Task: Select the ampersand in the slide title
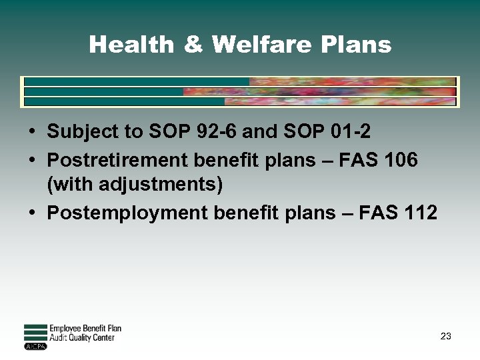tap(193, 45)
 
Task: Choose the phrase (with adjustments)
tap(135, 183)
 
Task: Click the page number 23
tap(445, 337)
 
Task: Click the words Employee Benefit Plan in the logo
tap(85, 329)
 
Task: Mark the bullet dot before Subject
tap(33, 132)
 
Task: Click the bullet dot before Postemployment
tap(33, 213)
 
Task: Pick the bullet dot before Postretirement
tap(33, 161)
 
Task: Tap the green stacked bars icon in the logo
tap(35, 333)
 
